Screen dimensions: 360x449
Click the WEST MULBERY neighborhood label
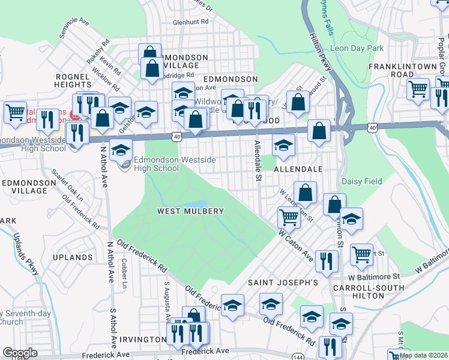(x=190, y=211)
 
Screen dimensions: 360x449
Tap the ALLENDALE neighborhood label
(x=298, y=170)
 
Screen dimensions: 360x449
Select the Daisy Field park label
(x=361, y=181)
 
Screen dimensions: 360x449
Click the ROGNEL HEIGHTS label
(x=73, y=80)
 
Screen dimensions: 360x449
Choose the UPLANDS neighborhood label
(x=73, y=257)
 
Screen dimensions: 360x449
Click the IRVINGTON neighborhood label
(x=142, y=340)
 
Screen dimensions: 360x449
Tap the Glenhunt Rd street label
(x=190, y=22)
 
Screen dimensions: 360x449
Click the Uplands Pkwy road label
(x=26, y=254)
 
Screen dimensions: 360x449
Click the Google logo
(x=20, y=353)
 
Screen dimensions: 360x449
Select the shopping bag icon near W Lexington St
(x=306, y=193)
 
